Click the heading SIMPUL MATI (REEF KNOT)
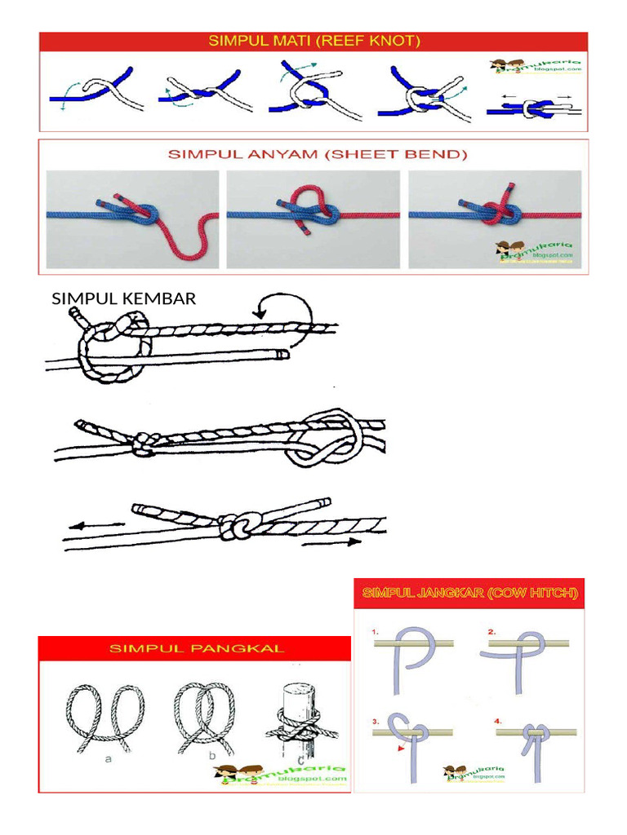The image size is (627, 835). pyautogui.click(x=313, y=42)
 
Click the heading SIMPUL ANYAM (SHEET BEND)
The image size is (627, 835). pyautogui.click(x=313, y=152)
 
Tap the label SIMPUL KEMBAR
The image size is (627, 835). pyautogui.click(x=124, y=298)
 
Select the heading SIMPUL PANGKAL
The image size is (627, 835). pyautogui.click(x=197, y=648)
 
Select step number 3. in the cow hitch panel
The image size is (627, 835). pyautogui.click(x=376, y=722)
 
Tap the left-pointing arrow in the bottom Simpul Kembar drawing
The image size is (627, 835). pyautogui.click(x=86, y=527)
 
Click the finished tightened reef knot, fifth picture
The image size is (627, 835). pyautogui.click(x=535, y=108)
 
